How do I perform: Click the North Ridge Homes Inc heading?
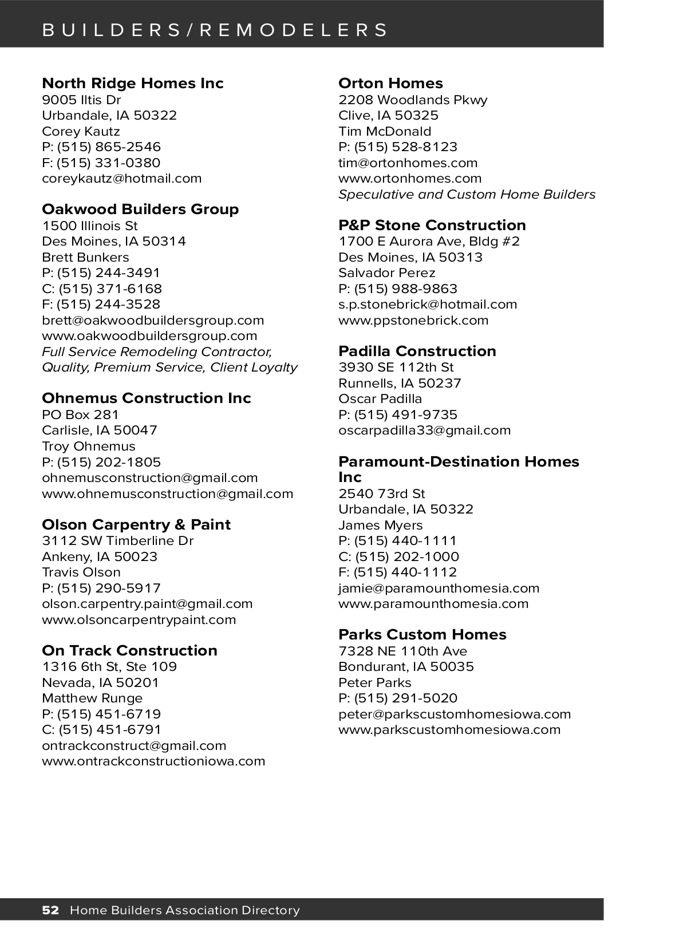pos(132,83)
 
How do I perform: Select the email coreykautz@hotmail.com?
pos(121,178)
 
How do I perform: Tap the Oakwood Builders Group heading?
pos(140,209)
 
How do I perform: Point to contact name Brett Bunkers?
pos(85,257)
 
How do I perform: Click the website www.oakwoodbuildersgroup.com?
pos(149,335)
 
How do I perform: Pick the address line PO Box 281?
pos(80,414)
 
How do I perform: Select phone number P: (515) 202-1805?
pos(101,462)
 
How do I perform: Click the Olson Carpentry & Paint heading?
pos(136,524)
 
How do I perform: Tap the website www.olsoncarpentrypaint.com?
pos(139,619)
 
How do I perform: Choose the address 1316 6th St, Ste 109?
pos(109,666)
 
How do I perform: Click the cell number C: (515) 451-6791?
pos(101,729)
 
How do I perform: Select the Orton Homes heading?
pos(390,83)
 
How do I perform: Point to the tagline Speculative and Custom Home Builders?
pos(467,194)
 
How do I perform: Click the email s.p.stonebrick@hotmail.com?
pos(428,304)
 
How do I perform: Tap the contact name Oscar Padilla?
pos(380,398)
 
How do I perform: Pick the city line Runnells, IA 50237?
pos(400,383)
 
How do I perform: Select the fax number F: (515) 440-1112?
pos(397,572)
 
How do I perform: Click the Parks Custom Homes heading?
pos(422,634)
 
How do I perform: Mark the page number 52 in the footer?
pos(50,910)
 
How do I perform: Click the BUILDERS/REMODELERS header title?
pos(215,30)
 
